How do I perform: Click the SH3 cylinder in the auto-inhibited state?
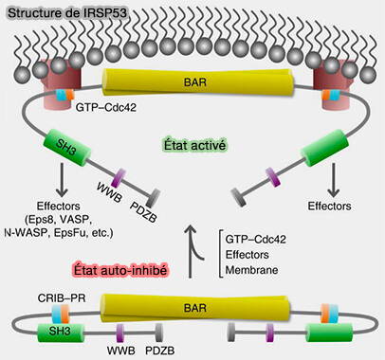[x=56, y=331]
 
